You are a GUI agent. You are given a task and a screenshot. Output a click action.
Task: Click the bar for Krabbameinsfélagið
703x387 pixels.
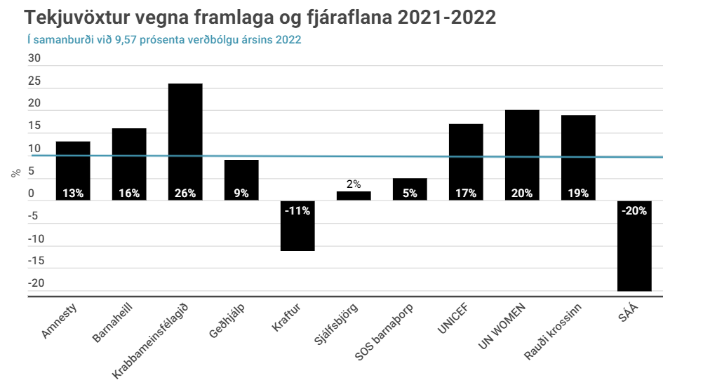tap(185, 142)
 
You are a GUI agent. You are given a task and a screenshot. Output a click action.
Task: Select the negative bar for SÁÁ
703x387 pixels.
tap(634, 245)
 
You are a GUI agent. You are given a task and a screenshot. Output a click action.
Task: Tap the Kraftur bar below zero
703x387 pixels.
tap(297, 225)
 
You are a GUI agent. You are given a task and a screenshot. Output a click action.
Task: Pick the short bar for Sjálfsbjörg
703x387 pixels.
tap(354, 196)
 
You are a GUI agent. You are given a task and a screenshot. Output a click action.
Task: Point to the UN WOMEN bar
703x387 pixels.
tap(522, 155)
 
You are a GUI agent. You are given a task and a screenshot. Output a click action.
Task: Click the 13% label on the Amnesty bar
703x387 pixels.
tap(73, 193)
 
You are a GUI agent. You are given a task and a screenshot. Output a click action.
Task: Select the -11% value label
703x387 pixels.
tap(297, 210)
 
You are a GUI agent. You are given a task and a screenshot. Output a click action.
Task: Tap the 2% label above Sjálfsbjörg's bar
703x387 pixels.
tap(354, 184)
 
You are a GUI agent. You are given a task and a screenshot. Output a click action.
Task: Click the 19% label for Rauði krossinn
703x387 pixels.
tap(578, 193)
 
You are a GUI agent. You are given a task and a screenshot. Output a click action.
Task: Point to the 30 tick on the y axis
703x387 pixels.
tap(34, 58)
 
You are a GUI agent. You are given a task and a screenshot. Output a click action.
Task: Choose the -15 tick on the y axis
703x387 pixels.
tap(36, 261)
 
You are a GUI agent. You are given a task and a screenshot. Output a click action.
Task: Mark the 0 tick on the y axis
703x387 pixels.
tap(31, 193)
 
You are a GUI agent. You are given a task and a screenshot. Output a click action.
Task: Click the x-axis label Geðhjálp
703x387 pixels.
tap(227, 320)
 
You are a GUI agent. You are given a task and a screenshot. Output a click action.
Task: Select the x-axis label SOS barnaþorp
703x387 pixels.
tap(384, 332)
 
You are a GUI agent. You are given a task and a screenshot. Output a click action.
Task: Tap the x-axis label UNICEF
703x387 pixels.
tap(453, 318)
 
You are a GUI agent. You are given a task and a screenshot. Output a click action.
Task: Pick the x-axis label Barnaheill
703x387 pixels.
tap(112, 322)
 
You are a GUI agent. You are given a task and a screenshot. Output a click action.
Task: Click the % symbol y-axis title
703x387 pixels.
tap(16, 173)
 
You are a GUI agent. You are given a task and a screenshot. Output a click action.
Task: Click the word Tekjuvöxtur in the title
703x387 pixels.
tap(77, 18)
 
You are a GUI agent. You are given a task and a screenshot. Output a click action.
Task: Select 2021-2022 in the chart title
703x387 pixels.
tap(446, 18)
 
